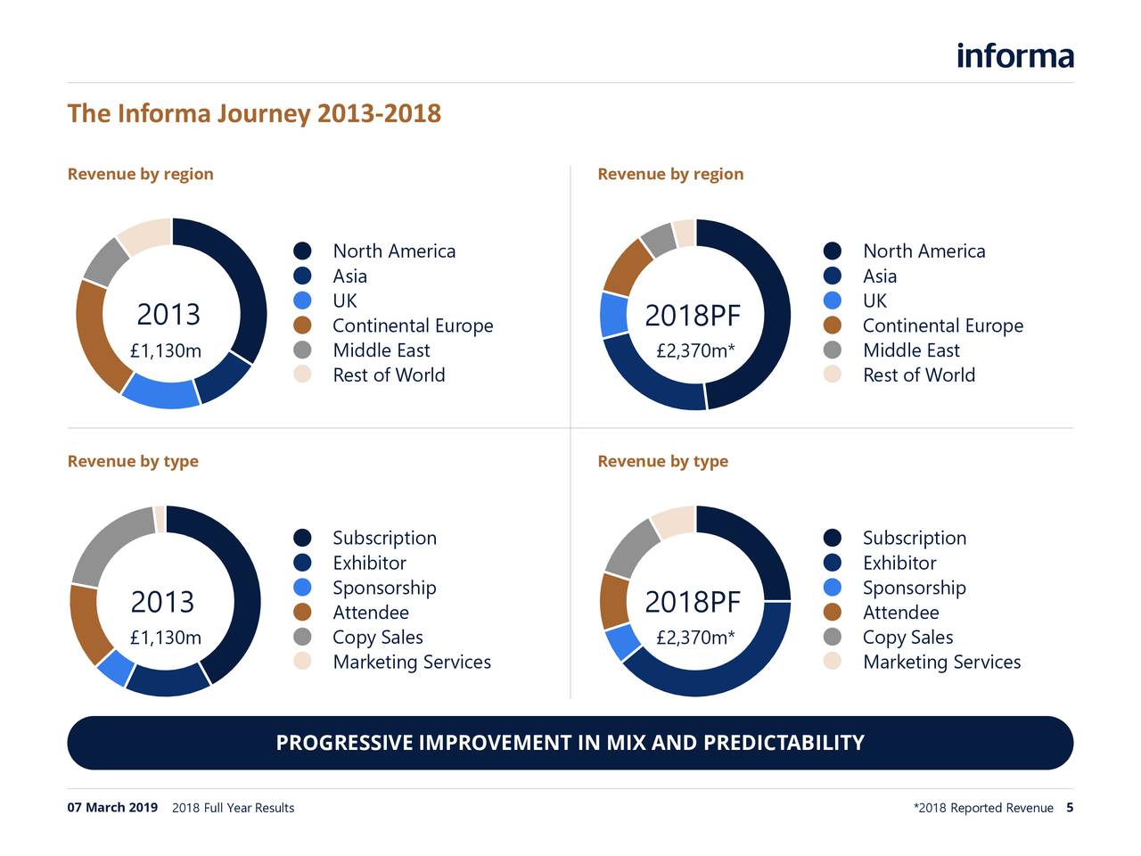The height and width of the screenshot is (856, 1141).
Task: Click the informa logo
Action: (x=1014, y=55)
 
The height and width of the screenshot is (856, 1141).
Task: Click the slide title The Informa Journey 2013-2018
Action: (x=254, y=113)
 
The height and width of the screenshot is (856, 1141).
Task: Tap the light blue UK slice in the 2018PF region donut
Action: (x=613, y=315)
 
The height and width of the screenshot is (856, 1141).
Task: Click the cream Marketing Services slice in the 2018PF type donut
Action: (x=674, y=521)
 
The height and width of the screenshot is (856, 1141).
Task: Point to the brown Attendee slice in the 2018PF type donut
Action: (x=614, y=600)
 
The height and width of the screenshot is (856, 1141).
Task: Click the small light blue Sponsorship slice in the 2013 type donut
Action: (x=115, y=667)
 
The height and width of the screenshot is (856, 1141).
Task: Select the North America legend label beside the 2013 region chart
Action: (x=393, y=251)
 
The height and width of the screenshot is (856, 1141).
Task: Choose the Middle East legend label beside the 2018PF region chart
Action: (x=911, y=350)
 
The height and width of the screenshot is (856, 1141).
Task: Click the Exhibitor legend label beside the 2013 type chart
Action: (x=369, y=563)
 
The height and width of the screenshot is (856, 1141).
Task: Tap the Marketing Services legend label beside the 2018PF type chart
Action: (x=941, y=662)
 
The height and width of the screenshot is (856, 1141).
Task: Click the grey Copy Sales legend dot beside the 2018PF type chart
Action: (x=833, y=637)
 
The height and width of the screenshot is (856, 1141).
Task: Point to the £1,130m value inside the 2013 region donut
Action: (x=166, y=351)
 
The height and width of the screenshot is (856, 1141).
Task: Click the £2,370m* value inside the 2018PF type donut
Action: (x=695, y=638)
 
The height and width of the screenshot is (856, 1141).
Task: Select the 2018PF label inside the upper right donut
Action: (x=693, y=316)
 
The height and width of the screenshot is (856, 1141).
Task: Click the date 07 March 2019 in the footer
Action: (x=112, y=808)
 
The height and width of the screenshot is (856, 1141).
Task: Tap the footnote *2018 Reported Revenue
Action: (x=983, y=808)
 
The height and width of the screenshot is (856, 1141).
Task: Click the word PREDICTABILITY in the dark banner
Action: (x=784, y=743)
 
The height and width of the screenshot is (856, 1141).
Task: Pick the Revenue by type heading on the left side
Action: (x=133, y=461)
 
